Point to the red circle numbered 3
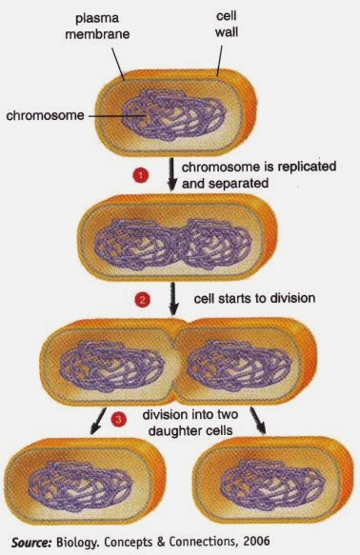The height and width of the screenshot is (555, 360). point(117,418)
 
